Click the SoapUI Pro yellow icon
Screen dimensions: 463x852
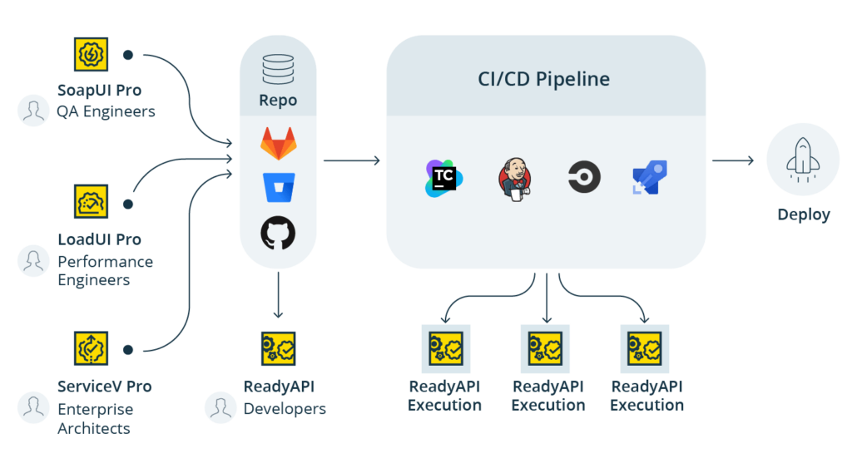click(x=88, y=55)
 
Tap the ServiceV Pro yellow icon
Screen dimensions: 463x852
click(x=88, y=349)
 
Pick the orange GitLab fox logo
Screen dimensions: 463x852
click(x=278, y=145)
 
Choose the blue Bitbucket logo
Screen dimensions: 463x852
click(x=278, y=188)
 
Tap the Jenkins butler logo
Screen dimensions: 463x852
click(x=514, y=179)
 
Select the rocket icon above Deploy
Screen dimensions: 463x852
click(x=803, y=160)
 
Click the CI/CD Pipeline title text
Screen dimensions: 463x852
click(x=545, y=80)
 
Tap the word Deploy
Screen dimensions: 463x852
click(x=803, y=214)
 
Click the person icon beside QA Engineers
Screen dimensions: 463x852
click(x=34, y=111)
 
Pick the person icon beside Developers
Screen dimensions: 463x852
click(x=220, y=407)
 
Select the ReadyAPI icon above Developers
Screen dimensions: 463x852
click(x=278, y=348)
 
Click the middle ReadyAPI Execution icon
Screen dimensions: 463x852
click(x=546, y=348)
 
